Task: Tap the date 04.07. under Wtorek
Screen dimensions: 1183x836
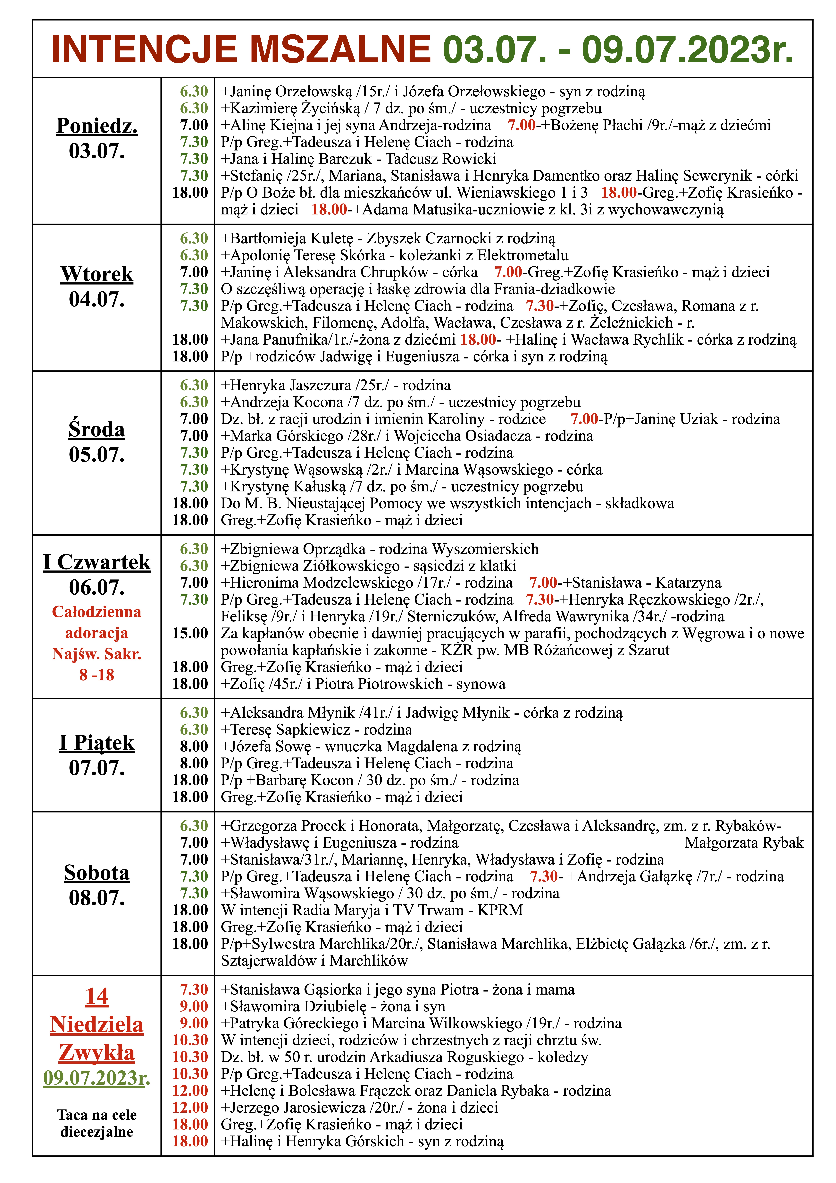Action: coord(97,299)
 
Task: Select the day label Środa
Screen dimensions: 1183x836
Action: coord(97,429)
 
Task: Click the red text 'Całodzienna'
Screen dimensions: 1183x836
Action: coord(97,612)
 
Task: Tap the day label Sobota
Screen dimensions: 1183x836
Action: coord(97,873)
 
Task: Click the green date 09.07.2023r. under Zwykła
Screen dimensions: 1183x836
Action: coord(97,1078)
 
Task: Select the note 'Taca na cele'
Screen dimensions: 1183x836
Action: coord(97,1115)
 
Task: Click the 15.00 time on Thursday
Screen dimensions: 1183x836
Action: coord(190,633)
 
